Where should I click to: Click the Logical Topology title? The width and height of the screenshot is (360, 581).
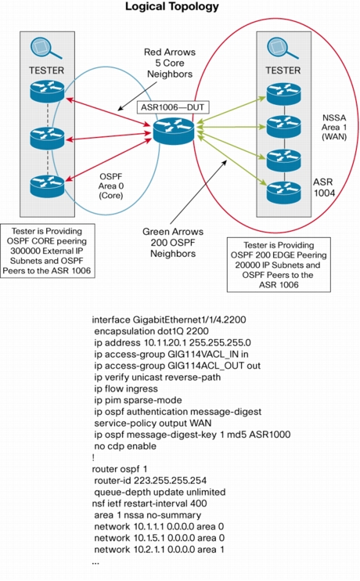pos(172,6)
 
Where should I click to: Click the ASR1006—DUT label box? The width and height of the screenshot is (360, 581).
pos(173,107)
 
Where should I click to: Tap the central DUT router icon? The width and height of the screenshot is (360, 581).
pos(173,130)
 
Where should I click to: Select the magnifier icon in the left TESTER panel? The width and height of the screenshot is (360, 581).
pos(46,49)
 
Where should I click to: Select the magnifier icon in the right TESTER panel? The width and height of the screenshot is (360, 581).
pos(283,49)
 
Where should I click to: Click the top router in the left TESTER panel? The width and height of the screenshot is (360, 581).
pos(47,91)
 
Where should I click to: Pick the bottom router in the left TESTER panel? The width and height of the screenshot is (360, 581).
pos(47,186)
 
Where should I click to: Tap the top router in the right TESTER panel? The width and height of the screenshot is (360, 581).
pos(284,94)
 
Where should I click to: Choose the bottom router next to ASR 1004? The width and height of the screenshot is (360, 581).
pos(284,192)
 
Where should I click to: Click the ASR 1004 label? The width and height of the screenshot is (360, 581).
pos(324,187)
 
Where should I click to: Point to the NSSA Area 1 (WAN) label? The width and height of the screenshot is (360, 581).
pos(334,127)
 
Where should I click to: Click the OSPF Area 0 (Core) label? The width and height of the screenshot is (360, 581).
pos(111,186)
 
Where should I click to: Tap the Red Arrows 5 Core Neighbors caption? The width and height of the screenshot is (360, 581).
pos(170,63)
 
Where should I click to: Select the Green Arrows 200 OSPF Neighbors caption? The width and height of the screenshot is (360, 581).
pos(173,243)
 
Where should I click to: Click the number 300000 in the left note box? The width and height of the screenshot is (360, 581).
pos(25,251)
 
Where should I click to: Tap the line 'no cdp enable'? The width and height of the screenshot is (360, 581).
pos(125,446)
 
